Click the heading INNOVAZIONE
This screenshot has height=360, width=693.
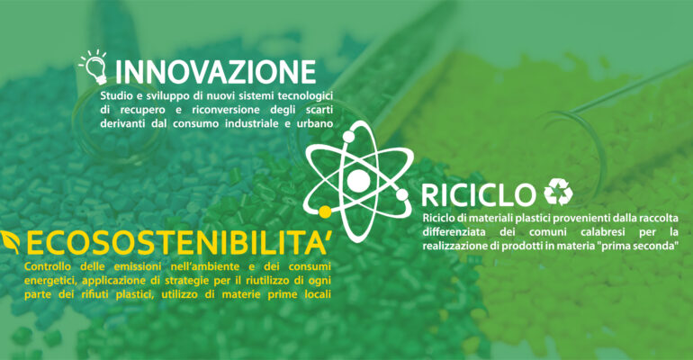[215, 72]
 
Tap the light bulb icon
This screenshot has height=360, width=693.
[94, 67]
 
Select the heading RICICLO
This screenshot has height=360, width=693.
[477, 195]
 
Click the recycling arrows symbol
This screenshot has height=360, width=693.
[558, 192]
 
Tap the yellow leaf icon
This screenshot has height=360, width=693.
[11, 242]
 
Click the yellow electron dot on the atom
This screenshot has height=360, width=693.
[325, 212]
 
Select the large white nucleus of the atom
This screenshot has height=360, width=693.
[358, 180]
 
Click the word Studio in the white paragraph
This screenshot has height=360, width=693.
[114, 95]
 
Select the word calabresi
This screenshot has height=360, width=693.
[605, 232]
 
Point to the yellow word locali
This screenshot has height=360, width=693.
[318, 294]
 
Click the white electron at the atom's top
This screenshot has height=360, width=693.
[348, 137]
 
